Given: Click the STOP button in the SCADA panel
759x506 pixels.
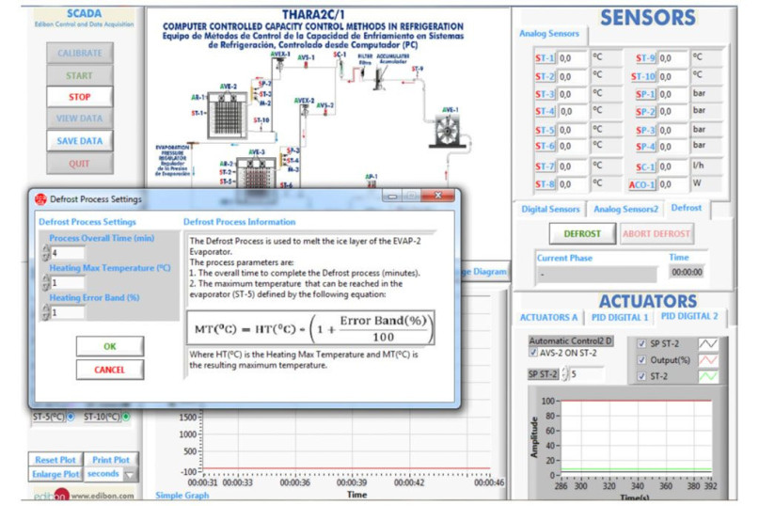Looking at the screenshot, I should click(x=79, y=97).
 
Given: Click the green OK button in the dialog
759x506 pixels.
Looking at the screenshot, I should click(x=110, y=346).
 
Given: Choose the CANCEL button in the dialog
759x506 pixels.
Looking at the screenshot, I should click(x=110, y=370).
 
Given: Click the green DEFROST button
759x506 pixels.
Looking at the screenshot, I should click(x=582, y=233).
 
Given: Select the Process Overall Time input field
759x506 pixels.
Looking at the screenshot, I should click(x=67, y=252).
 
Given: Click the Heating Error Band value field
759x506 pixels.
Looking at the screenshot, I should click(x=67, y=311).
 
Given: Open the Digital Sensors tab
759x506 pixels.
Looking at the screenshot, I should click(x=550, y=209).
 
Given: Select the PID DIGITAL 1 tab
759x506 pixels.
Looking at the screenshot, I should click(x=620, y=316).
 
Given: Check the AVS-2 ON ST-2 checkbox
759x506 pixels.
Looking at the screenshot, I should click(x=535, y=353).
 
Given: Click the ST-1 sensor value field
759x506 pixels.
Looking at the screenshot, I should click(x=572, y=58).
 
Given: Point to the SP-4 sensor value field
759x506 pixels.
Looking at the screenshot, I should click(x=672, y=147).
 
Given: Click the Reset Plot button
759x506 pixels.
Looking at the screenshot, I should click(x=55, y=460).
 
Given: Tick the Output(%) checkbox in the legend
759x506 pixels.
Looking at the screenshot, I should click(x=642, y=360).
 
